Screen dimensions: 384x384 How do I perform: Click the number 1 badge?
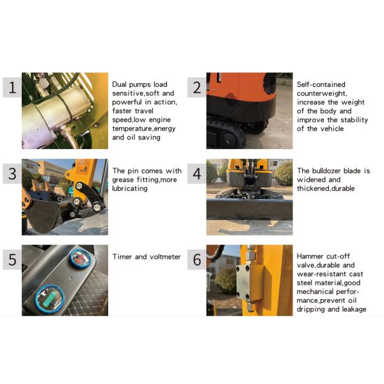click(12, 88)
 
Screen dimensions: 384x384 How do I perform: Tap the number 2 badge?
click(196, 88)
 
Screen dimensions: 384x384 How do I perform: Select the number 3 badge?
click(12, 173)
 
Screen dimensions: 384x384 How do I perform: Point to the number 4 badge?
click(196, 173)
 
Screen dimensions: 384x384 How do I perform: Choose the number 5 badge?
click(12, 260)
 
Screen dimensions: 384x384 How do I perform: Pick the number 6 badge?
click(196, 260)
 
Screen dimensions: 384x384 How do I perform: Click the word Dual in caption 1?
click(119, 84)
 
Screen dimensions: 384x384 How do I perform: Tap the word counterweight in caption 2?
click(322, 93)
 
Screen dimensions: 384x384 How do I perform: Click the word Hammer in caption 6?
click(308, 256)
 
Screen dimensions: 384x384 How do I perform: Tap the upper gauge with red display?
click(81, 259)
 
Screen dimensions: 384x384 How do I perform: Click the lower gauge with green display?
click(50, 300)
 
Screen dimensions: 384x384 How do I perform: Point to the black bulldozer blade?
click(250, 210)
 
